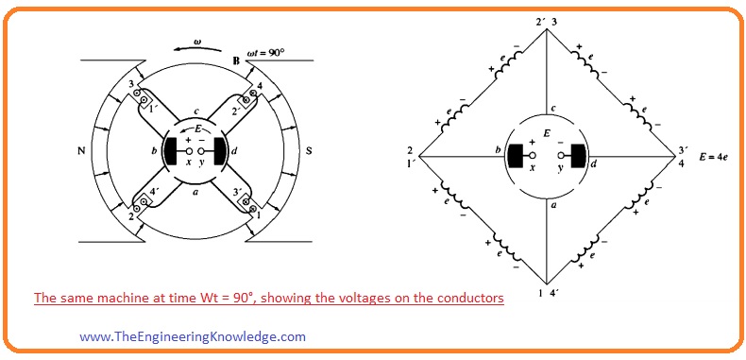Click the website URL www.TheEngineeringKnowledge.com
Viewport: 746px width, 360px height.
(x=193, y=335)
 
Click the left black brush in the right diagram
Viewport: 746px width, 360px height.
(x=517, y=154)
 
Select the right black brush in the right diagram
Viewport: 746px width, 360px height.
(x=576, y=154)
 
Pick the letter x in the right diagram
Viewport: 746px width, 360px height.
(x=533, y=167)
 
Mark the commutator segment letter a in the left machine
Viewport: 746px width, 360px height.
(x=195, y=191)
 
